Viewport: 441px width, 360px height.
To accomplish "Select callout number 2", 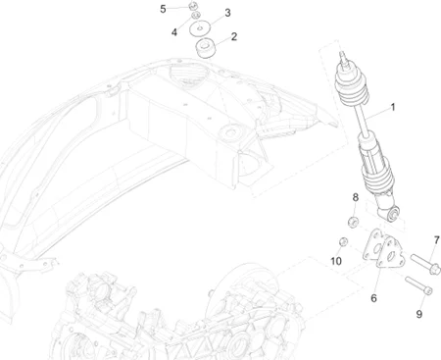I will (x=233, y=37).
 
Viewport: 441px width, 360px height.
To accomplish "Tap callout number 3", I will (x=227, y=13).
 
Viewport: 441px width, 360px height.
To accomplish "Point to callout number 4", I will (x=173, y=31).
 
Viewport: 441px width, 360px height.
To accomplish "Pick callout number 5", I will (x=164, y=9).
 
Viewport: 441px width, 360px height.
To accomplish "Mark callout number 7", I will (x=435, y=239).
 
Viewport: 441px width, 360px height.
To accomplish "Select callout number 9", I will (x=418, y=314).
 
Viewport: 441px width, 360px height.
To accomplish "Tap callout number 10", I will (x=335, y=261).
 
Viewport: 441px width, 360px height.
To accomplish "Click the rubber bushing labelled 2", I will (x=206, y=48).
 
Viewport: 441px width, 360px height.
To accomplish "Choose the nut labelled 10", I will (x=344, y=241).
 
